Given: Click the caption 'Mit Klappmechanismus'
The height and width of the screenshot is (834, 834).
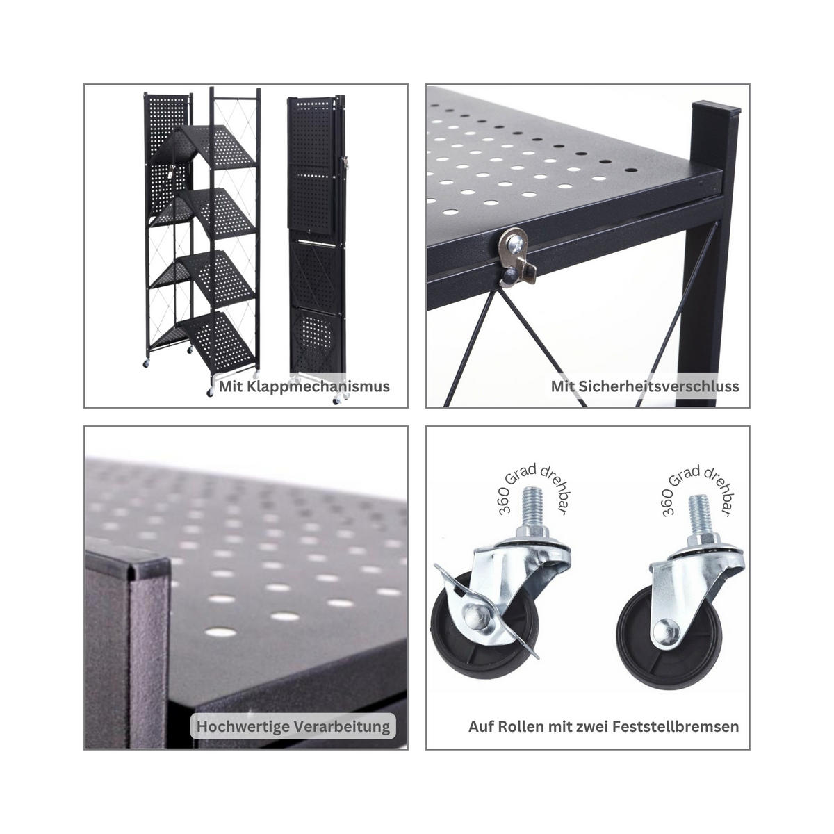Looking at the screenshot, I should click(304, 386).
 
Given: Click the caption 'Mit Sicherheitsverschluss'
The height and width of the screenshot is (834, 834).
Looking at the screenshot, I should click(644, 386).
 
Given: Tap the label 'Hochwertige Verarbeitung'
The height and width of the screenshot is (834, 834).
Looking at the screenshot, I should click(293, 727).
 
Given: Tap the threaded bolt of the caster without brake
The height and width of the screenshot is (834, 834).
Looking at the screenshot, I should click(698, 515).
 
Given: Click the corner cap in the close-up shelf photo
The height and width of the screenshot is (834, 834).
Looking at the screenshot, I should click(132, 566).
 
